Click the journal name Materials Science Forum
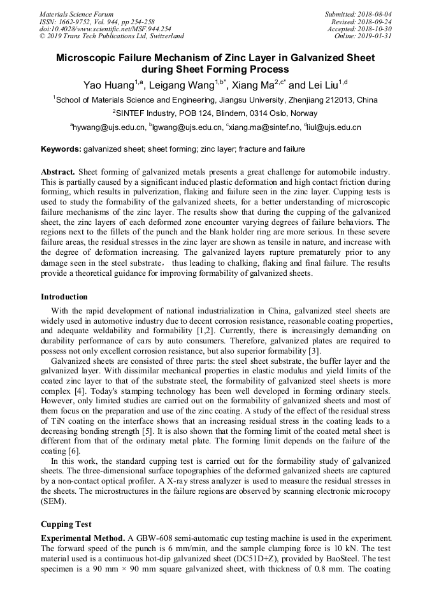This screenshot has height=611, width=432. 76,14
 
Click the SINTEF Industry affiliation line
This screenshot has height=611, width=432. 215,113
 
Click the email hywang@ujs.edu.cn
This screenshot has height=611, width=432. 109,127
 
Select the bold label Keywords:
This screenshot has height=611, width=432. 61,149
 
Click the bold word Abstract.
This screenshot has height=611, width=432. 58,172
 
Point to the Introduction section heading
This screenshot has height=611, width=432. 64,297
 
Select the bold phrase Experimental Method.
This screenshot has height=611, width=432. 83,539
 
